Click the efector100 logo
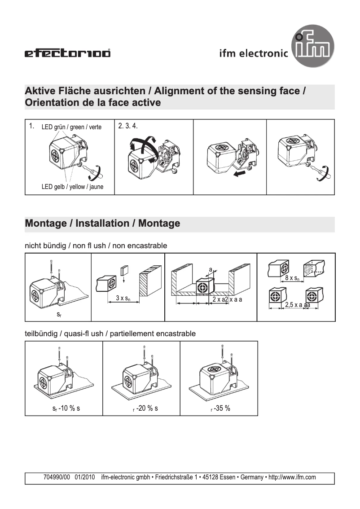67,54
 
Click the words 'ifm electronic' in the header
254,53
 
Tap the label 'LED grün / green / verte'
71,127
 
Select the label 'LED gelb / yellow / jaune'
72,187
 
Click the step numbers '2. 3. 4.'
128,126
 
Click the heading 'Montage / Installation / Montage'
103,223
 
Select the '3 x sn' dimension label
123,298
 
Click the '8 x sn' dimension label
293,278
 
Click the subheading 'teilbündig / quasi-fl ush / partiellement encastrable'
110,333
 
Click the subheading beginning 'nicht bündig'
96,246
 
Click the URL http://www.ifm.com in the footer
292,478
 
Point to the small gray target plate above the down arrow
124,270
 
